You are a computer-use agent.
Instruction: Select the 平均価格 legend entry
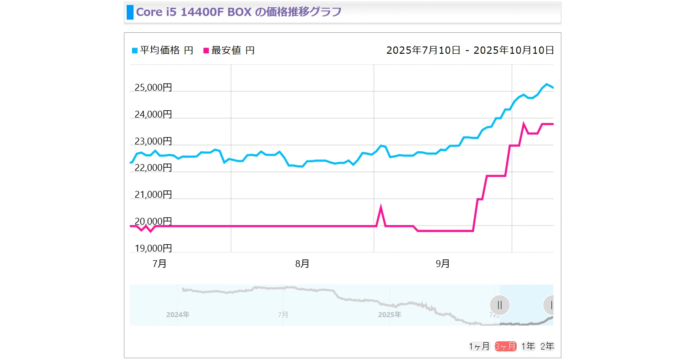point(162,51)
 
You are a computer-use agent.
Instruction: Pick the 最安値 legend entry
point(229,51)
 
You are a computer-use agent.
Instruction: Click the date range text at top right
point(470,51)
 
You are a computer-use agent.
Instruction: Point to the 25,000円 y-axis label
point(153,87)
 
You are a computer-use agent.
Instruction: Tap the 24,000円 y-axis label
point(153,114)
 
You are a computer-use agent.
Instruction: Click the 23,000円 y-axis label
point(153,141)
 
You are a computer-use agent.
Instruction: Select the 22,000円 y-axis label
point(153,168)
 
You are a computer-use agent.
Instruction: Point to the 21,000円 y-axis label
point(153,195)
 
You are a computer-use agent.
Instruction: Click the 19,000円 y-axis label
point(153,248)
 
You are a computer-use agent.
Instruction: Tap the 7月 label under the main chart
point(159,264)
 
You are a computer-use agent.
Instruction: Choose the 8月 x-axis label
point(302,264)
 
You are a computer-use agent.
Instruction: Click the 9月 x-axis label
point(442,264)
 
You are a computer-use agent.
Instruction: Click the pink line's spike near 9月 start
point(381,208)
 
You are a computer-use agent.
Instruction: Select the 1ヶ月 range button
point(479,346)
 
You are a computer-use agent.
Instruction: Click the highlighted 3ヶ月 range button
point(506,346)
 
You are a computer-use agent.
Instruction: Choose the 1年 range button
point(529,346)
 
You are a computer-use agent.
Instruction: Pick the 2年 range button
point(547,346)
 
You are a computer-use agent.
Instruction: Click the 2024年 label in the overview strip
point(178,315)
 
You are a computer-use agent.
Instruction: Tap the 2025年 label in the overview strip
point(390,315)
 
